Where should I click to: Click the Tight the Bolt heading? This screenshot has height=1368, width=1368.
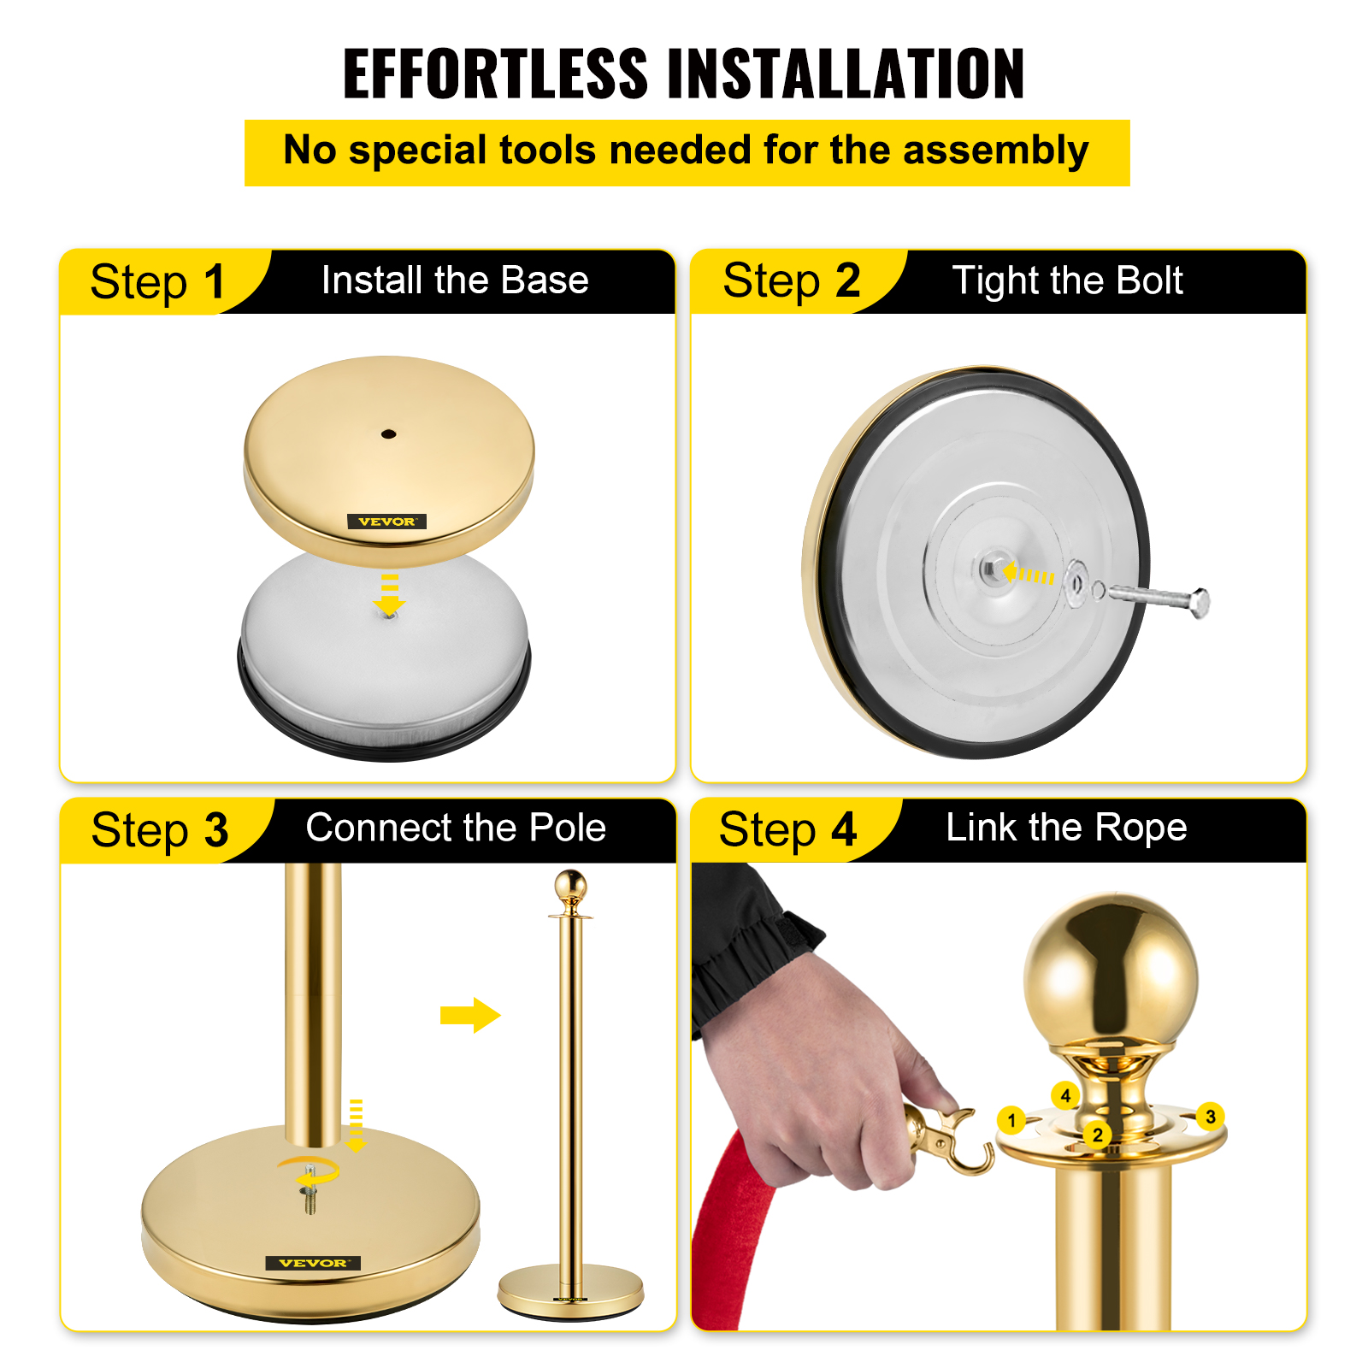click(1067, 281)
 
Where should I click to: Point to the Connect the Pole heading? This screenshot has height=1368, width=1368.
click(456, 828)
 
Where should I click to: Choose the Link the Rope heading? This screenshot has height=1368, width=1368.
click(1066, 828)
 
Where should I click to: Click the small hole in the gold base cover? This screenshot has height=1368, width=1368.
click(388, 434)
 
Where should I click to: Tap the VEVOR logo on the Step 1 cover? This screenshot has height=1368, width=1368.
click(386, 522)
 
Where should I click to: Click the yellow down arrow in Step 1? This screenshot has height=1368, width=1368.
click(390, 595)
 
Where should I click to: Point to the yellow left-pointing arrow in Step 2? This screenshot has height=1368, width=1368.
click(1028, 574)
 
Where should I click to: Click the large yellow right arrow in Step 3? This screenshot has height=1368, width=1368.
click(470, 1015)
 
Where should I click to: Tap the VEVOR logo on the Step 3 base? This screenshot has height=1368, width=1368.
click(313, 1263)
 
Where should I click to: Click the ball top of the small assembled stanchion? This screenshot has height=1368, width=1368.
click(570, 885)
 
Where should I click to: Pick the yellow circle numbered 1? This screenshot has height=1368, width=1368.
click(1011, 1120)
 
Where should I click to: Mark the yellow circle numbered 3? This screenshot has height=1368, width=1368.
click(1210, 1117)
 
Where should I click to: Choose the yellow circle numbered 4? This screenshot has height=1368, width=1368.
click(1065, 1095)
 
